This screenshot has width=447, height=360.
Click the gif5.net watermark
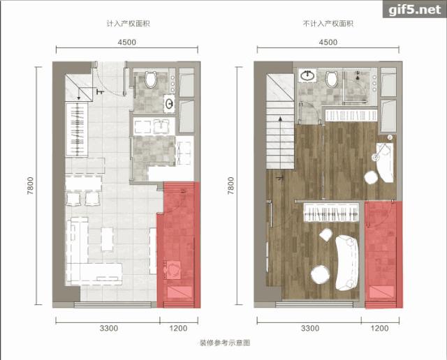[x=414, y=10]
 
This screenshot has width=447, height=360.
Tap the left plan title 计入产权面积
[x=128, y=23]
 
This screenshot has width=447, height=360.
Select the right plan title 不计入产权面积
[x=328, y=23]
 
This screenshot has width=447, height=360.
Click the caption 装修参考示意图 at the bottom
[x=225, y=343]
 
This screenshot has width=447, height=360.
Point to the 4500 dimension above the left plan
[x=127, y=42]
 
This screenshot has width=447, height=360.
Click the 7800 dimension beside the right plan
[x=230, y=186]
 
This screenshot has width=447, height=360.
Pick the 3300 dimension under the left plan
[x=109, y=328]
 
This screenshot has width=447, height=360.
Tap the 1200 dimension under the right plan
[x=379, y=328]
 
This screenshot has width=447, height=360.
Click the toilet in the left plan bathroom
[x=151, y=79]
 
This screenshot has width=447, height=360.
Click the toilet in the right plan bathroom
[x=332, y=79]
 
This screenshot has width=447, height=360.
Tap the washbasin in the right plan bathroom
[x=307, y=75]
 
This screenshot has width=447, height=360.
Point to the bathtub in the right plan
[x=385, y=162]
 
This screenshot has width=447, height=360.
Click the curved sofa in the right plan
[x=346, y=262]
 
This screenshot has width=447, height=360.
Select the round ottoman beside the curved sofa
[x=321, y=274]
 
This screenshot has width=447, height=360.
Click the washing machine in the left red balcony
[x=173, y=269]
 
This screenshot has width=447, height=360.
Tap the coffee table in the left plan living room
[x=107, y=239]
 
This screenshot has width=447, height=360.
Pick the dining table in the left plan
[x=83, y=183]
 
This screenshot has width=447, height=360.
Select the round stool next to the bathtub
[x=371, y=178]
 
